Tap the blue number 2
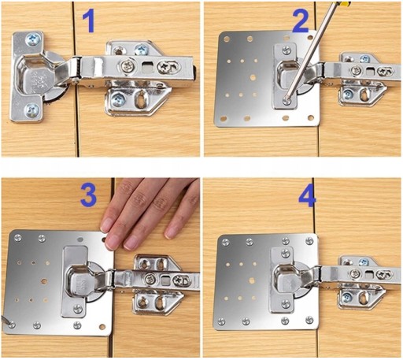point(301,22)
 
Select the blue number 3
point(89,195)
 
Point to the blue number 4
point(308,198)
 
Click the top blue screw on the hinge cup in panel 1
point(33,40)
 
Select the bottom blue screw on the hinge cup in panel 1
point(31,110)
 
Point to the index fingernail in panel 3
point(106,226)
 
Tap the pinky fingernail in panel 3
point(171,233)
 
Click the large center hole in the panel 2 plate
point(253,77)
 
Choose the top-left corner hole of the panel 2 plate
point(226,39)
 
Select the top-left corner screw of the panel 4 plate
point(226,243)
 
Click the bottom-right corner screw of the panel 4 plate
point(309,320)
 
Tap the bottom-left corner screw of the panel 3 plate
point(11,325)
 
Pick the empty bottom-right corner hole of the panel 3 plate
point(102,327)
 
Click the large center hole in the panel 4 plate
point(252,280)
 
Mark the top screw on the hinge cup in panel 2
point(287,50)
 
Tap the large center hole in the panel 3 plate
point(44,281)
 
